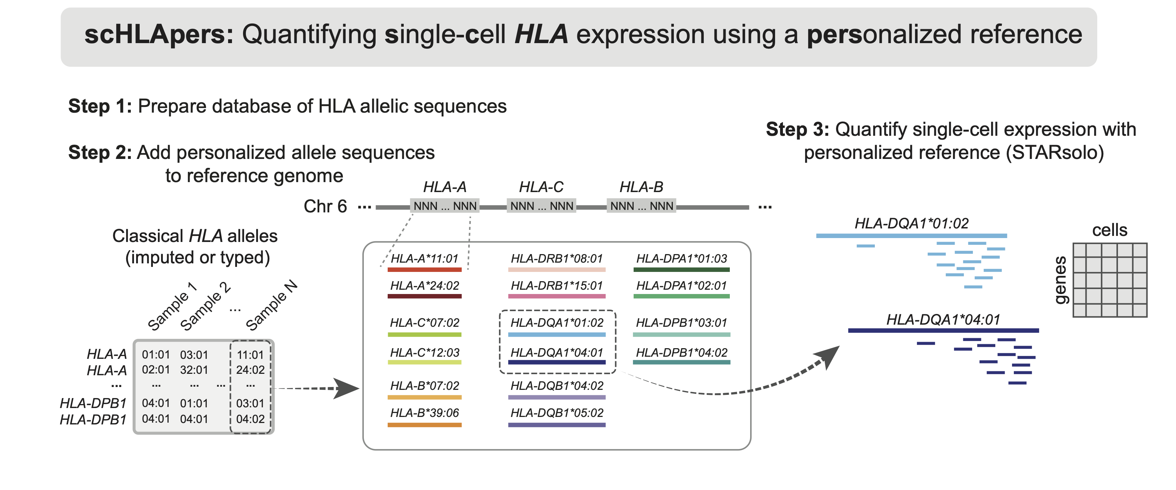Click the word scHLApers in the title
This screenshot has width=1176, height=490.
[159, 35]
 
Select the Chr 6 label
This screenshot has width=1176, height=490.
[325, 206]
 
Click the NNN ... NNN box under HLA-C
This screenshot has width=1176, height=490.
[541, 206]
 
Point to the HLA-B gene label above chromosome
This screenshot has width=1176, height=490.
[641, 187]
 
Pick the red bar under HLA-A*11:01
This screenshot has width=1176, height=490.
[424, 270]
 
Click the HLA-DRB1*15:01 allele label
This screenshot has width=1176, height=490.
[557, 286]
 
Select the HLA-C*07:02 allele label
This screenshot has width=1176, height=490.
[424, 323]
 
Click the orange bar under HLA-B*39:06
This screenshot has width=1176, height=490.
[424, 425]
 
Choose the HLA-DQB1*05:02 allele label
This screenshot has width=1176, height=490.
[557, 413]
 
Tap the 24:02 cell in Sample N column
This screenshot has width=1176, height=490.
[250, 370]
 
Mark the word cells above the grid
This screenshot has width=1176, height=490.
[1109, 230]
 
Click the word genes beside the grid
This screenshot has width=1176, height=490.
[1060, 280]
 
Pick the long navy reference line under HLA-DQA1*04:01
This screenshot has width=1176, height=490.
[943, 330]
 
